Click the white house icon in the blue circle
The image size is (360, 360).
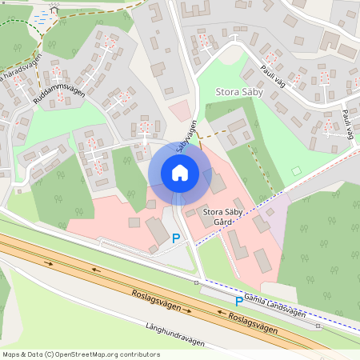[180, 173]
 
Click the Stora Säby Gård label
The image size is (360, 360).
[223, 218]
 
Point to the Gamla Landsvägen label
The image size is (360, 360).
[277, 304]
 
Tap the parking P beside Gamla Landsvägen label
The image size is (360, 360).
[238, 302]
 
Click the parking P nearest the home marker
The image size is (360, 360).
[176, 238]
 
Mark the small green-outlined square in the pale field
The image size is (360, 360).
[297, 170]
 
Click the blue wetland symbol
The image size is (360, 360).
[40, 15]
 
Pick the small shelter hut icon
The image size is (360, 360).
[54, 9]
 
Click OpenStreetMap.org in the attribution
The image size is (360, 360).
[90, 354]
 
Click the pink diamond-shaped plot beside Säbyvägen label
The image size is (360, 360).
[182, 110]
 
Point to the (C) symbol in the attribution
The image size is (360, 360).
[50, 354]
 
